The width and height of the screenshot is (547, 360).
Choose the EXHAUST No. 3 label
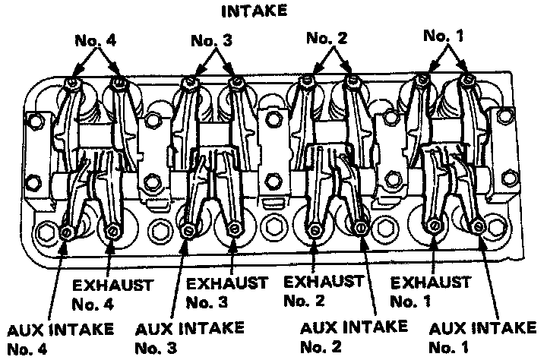coord(227,292)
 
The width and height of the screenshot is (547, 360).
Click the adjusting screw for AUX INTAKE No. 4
coord(67,231)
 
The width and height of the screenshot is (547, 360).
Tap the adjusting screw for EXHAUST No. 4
coord(112,230)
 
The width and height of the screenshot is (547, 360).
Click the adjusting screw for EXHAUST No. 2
coord(315,226)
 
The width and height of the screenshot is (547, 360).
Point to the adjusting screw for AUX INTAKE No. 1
coord(479,226)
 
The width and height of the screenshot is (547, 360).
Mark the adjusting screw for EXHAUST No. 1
coord(434,225)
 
